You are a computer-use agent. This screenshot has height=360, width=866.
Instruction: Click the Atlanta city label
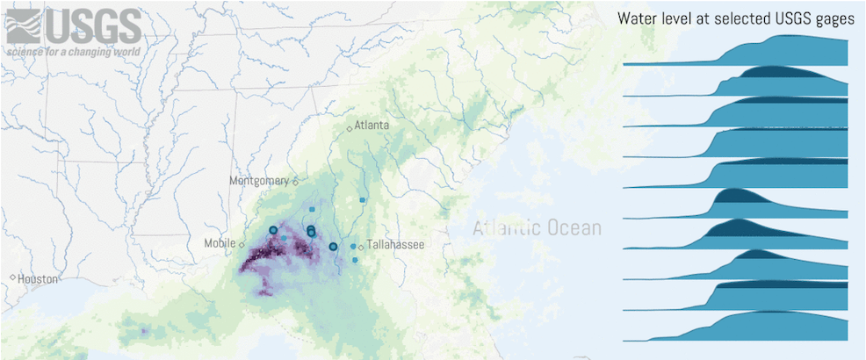372,126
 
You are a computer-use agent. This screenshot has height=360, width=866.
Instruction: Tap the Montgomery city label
259,181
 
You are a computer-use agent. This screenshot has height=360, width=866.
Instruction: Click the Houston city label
38,279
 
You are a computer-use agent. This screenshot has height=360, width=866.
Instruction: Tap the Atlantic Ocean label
537,229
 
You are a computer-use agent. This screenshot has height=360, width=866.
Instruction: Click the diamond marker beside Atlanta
350,129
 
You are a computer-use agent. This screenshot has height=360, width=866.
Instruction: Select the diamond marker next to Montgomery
296,183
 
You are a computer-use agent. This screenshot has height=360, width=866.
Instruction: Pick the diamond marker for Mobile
242,245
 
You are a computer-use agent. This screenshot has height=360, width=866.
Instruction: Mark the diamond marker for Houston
12,278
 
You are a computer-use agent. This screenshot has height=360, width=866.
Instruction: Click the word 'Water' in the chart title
636,18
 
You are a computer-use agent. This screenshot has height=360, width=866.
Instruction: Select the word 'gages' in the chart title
833,18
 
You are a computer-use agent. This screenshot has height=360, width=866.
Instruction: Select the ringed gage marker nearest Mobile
272,230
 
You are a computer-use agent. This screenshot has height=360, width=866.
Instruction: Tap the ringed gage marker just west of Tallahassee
333,247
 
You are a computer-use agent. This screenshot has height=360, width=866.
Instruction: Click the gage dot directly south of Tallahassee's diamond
355,260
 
